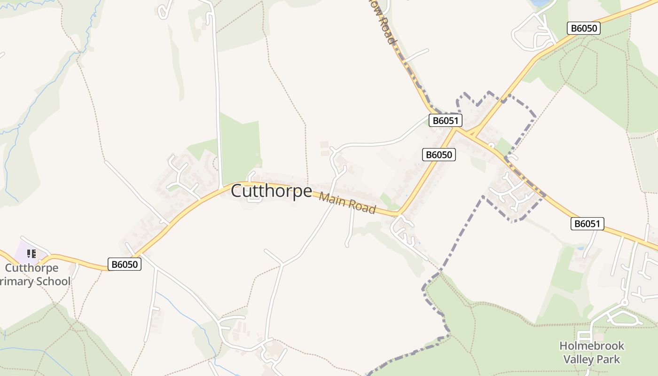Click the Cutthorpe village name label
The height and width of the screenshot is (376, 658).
click(271, 191)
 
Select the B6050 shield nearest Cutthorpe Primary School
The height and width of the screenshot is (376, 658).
click(125, 264)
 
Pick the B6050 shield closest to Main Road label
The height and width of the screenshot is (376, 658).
click(439, 155)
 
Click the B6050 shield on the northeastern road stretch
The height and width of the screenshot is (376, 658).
click(583, 28)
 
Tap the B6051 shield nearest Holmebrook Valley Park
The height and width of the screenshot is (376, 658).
click(587, 224)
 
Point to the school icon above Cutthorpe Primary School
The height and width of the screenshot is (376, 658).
click(31, 254)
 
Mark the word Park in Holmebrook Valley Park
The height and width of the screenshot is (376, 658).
click(609, 360)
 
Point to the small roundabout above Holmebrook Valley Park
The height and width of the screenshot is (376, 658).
click(625, 303)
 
